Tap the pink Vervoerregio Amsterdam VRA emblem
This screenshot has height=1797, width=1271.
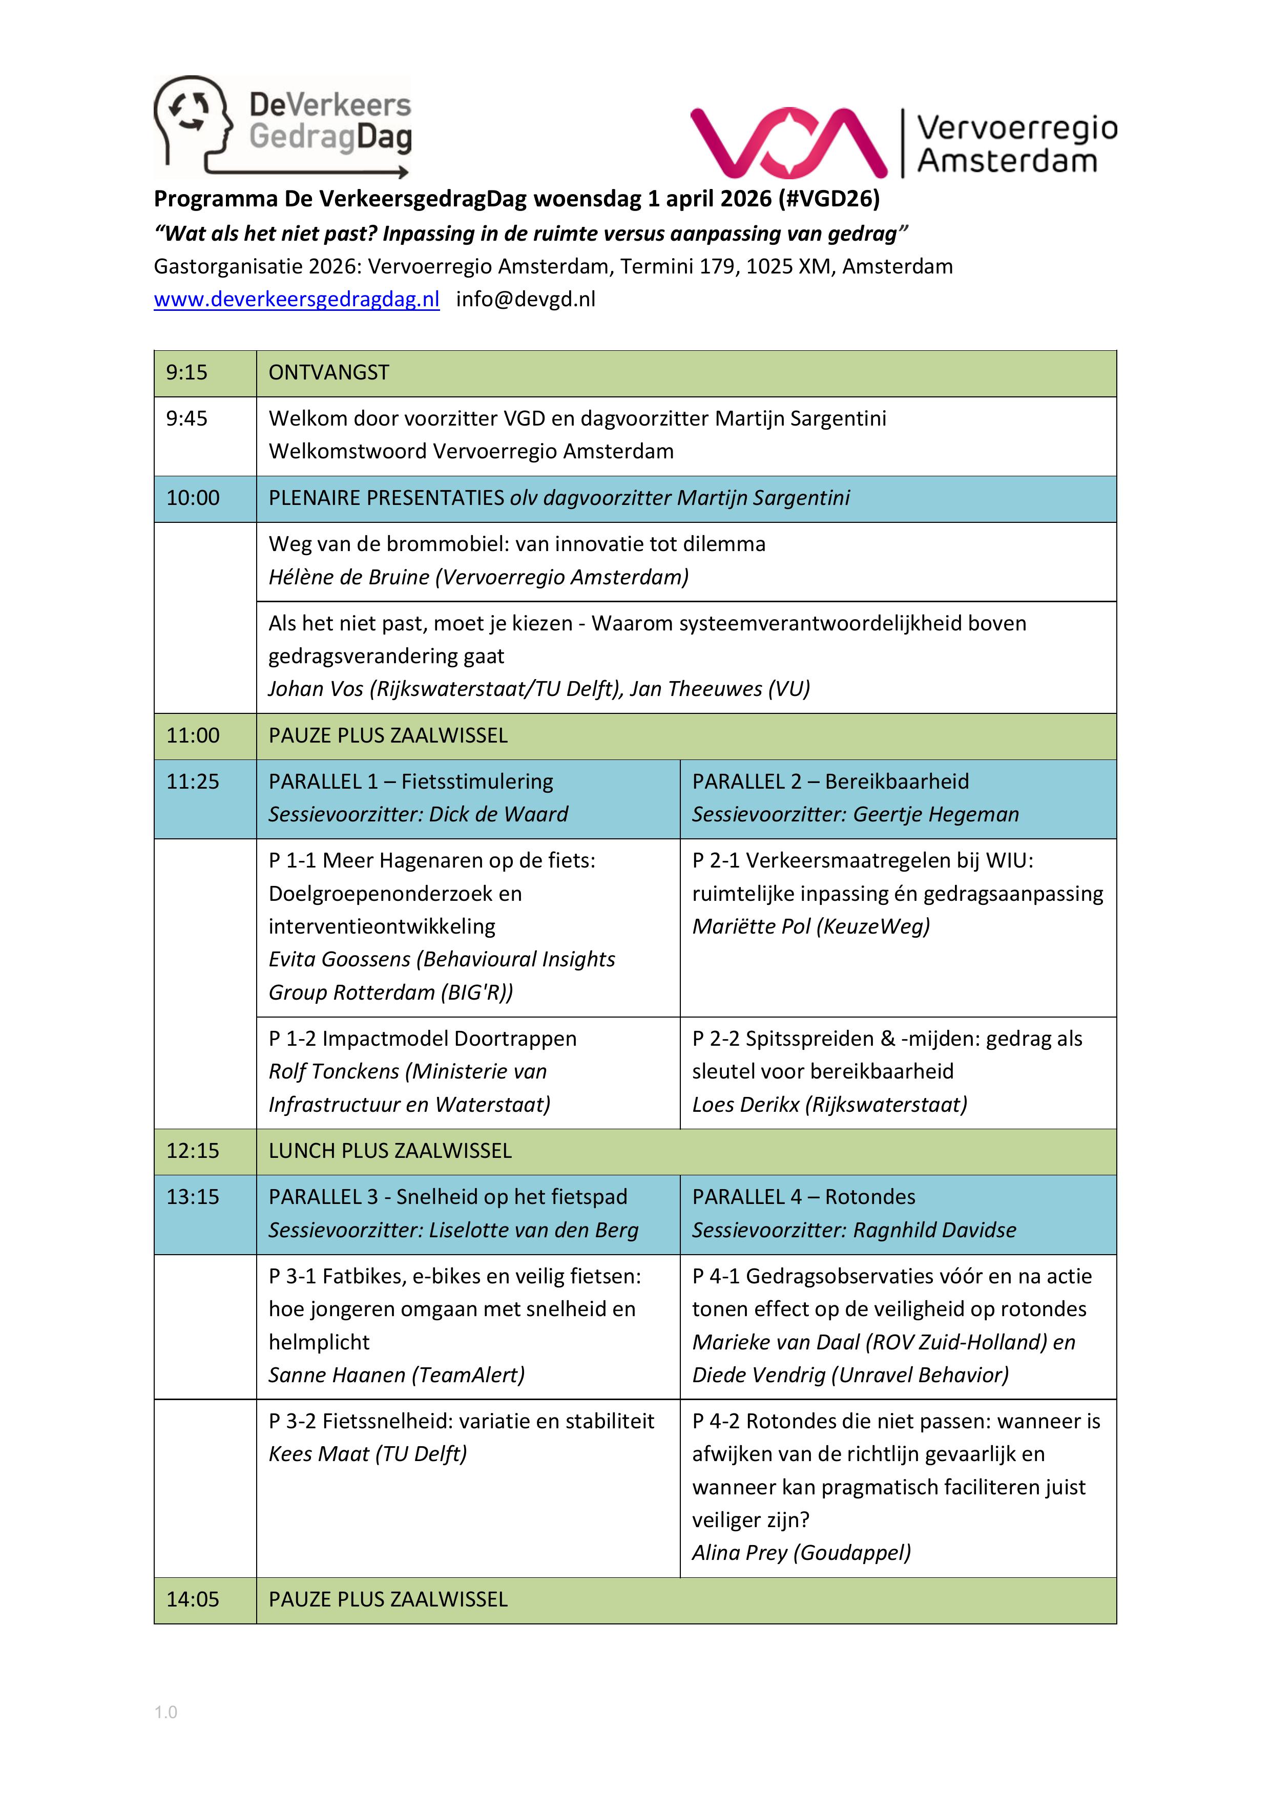pyautogui.click(x=788, y=142)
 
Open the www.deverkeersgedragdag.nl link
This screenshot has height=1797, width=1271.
pyautogui.click(x=296, y=299)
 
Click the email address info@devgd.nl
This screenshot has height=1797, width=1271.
pyautogui.click(x=526, y=299)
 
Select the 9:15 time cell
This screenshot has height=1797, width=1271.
pyautogui.click(x=187, y=372)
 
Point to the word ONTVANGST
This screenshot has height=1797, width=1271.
pyautogui.click(x=329, y=372)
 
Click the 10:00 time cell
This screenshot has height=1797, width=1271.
pyautogui.click(x=193, y=498)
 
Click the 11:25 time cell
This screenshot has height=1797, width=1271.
pyautogui.click(x=193, y=781)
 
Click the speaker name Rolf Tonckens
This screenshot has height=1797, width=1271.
pyautogui.click(x=334, y=1071)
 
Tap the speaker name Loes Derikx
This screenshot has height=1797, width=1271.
pyautogui.click(x=745, y=1104)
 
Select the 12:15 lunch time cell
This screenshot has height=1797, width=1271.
pyautogui.click(x=193, y=1151)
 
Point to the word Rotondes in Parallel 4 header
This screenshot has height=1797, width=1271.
pyautogui.click(x=870, y=1197)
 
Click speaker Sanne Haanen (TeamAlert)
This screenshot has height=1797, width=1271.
pyautogui.click(x=396, y=1375)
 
